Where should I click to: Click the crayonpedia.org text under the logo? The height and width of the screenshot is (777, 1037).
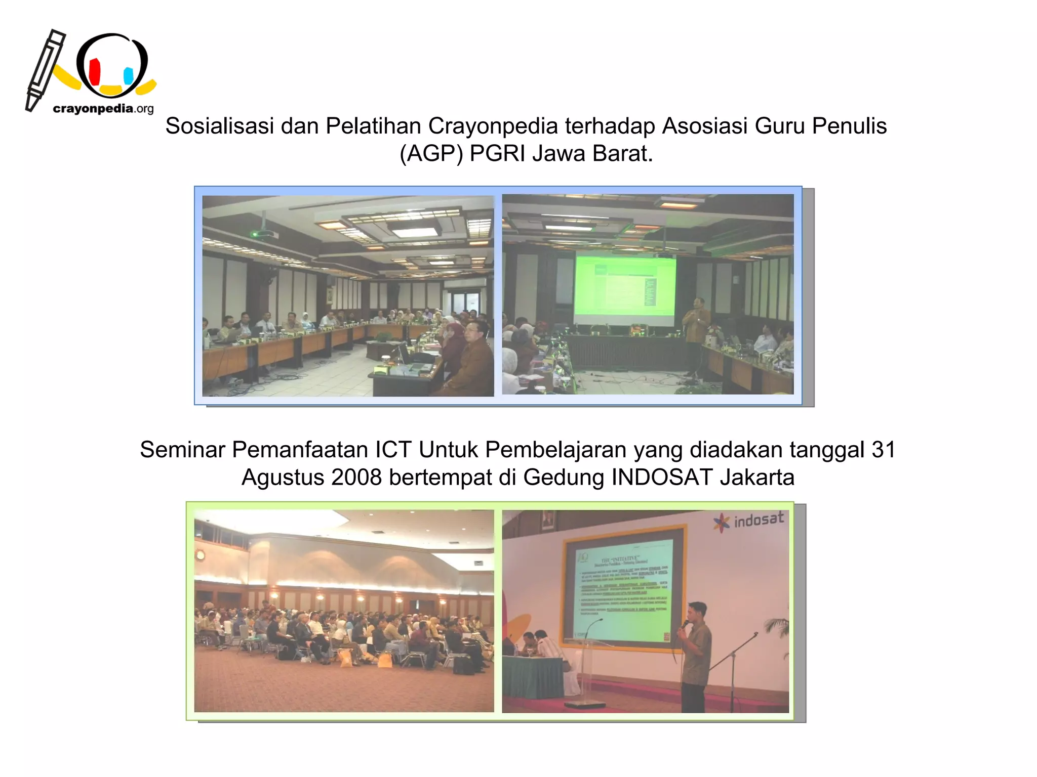(103, 109)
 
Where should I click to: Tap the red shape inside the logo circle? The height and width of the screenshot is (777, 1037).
(95, 72)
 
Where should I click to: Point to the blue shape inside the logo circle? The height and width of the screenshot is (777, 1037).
(129, 75)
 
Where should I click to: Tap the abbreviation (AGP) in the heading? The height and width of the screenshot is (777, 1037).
(431, 154)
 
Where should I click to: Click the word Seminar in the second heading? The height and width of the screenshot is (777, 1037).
(182, 450)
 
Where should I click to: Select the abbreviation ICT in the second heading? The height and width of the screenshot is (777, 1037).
(392, 450)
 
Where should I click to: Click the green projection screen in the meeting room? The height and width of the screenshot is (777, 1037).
(624, 286)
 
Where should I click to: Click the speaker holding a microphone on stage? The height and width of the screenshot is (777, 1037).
(696, 653)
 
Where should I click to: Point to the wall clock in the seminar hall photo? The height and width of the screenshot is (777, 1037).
(201, 555)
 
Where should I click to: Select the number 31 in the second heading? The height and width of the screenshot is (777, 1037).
(883, 450)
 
